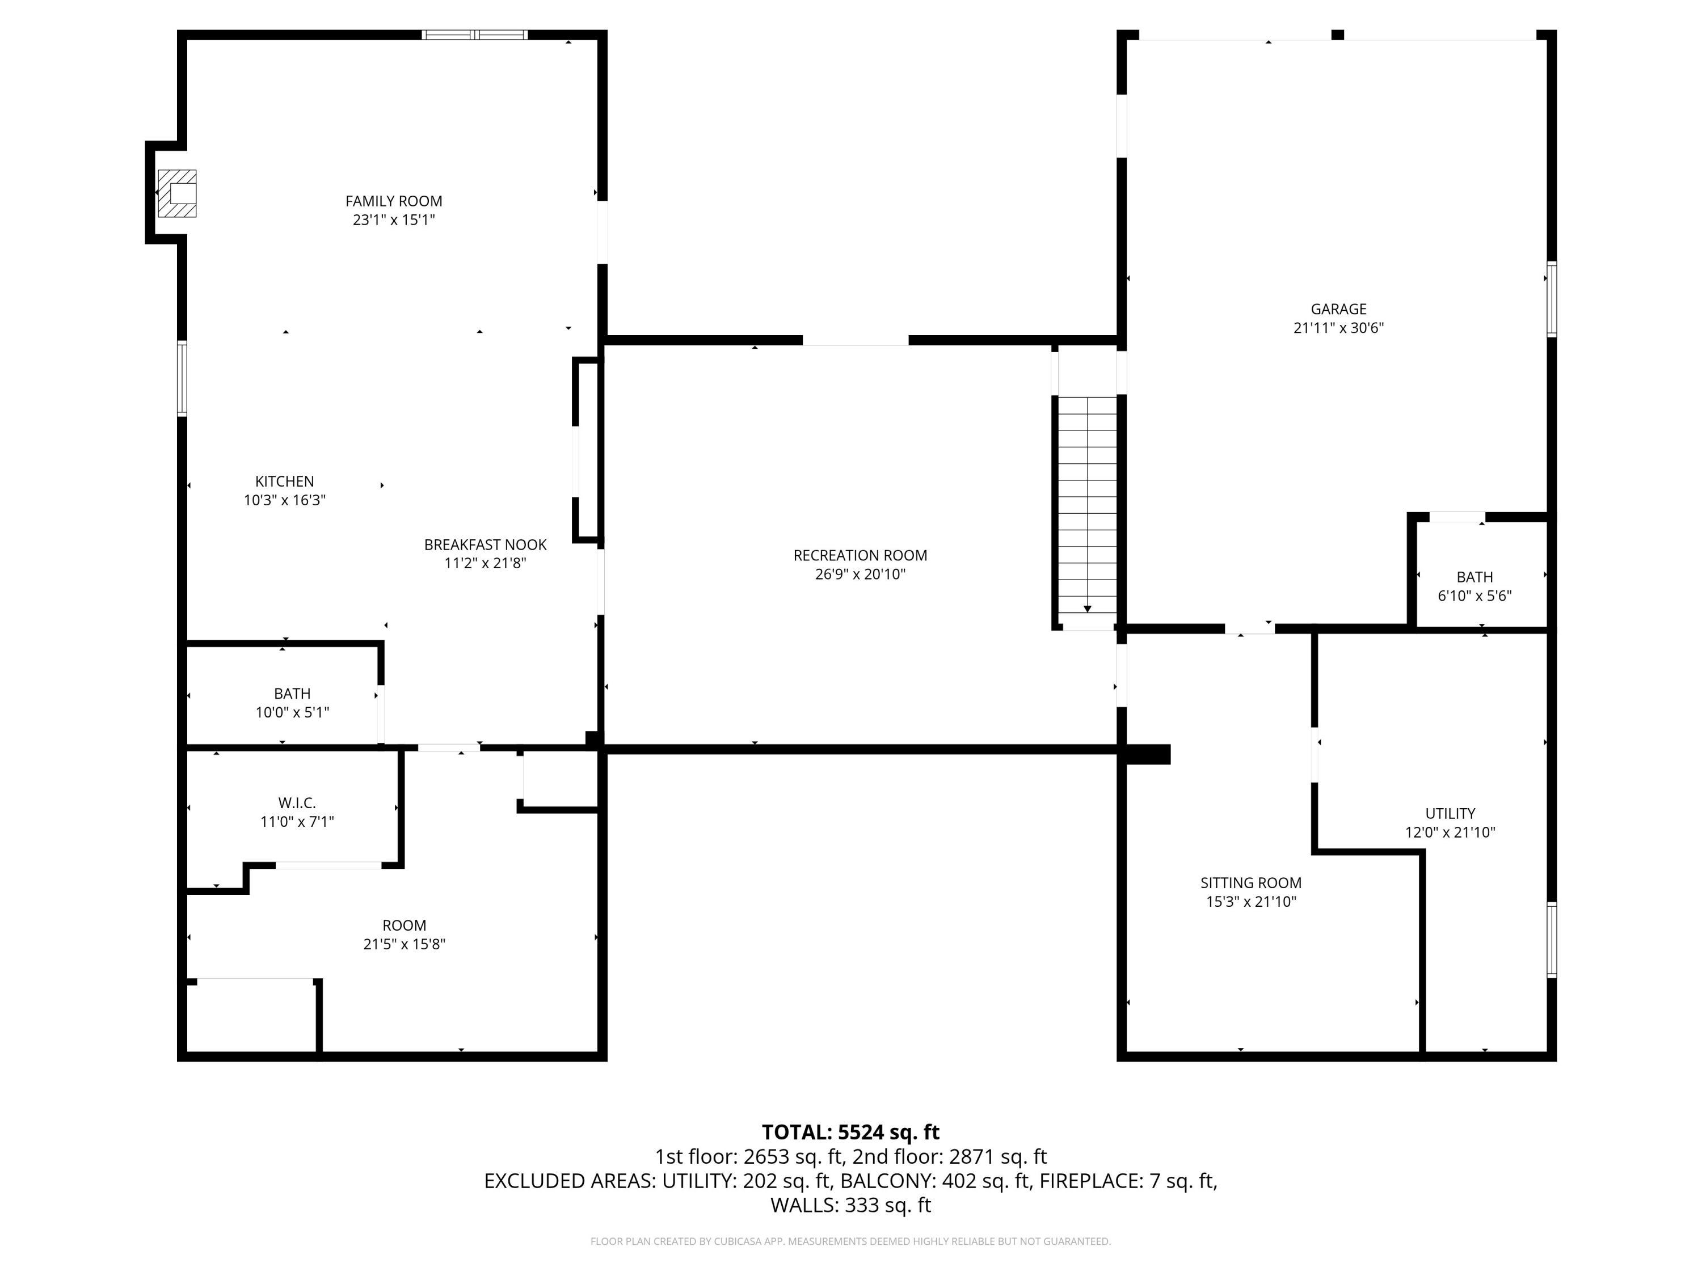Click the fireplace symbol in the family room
coord(177,193)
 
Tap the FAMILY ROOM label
coord(394,201)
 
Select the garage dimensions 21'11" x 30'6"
coord(1339,328)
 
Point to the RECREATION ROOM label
coord(860,555)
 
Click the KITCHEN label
coord(285,481)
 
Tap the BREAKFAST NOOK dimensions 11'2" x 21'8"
coord(486,563)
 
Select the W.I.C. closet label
coord(297,804)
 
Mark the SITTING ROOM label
coord(1251,883)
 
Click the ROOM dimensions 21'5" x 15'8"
coord(405,944)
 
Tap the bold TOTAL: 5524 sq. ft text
coord(851,1132)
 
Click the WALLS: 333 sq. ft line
coord(851,1205)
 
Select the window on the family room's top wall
coord(475,35)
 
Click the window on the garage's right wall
coord(1552,299)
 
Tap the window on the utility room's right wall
coord(1552,940)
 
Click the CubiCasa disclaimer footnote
coord(851,1241)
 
